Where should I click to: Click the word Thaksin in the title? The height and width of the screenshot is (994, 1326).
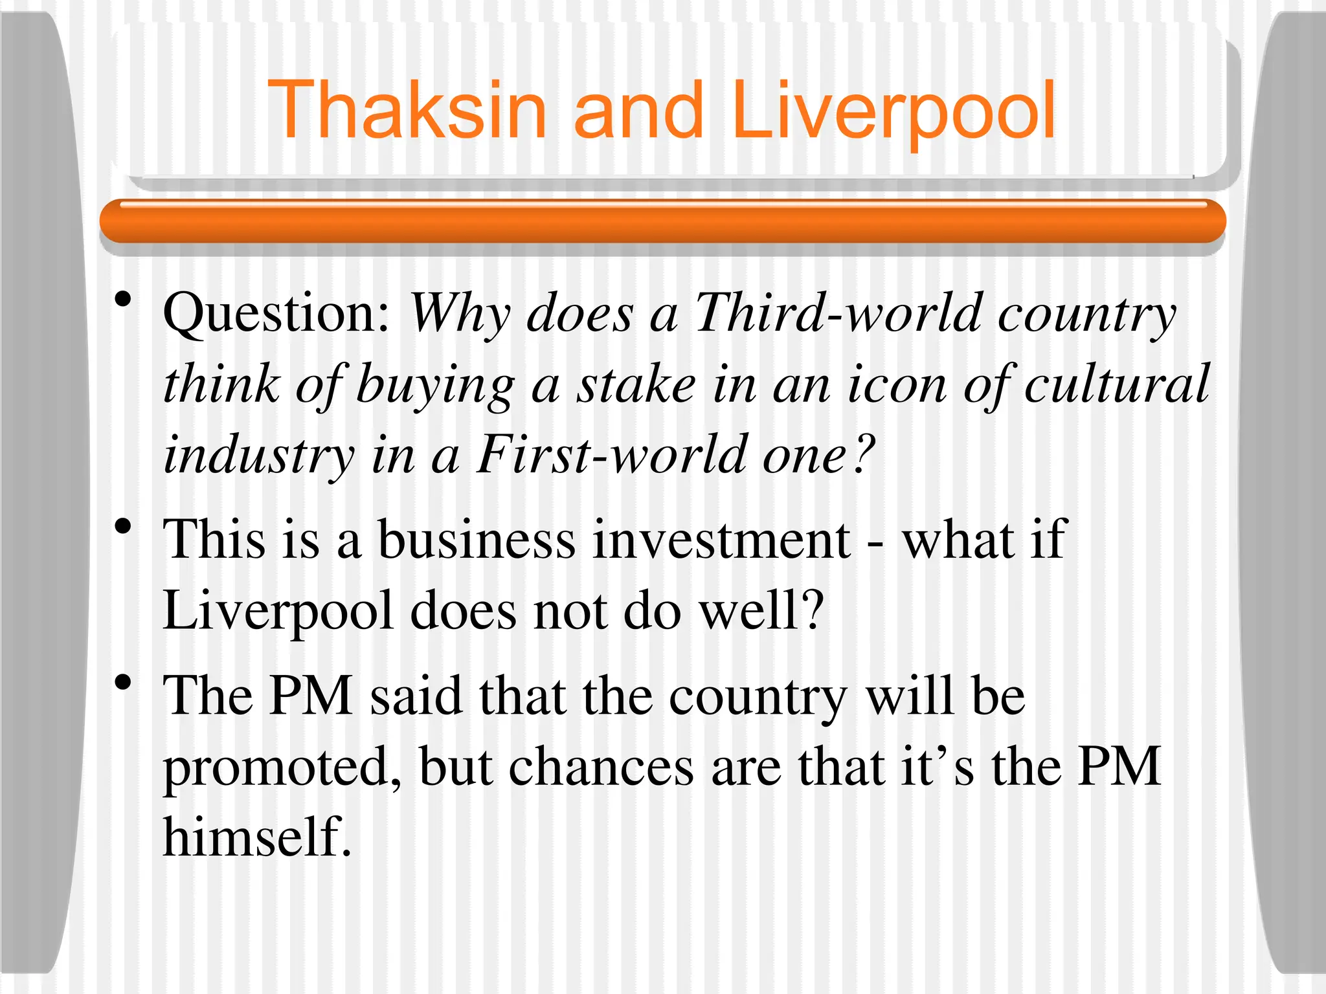point(407,110)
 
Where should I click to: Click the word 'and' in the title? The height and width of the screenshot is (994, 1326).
point(638,110)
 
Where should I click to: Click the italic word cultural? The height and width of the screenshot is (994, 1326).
point(1117,384)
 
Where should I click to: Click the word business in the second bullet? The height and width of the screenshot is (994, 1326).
point(476,540)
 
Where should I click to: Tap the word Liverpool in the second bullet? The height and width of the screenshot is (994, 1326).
point(278,612)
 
